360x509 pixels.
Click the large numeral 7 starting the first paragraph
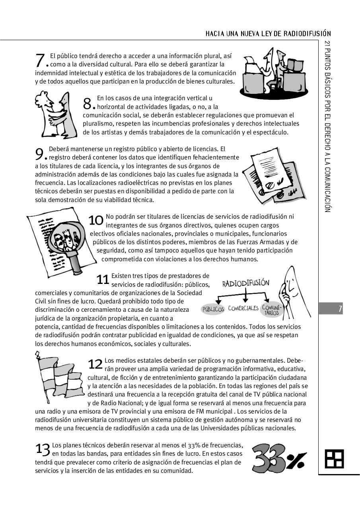pyautogui.click(x=40, y=60)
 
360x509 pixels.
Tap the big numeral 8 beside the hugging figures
pyautogui.click(x=88, y=103)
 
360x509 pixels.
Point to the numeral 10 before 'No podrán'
pyautogui.click(x=96, y=220)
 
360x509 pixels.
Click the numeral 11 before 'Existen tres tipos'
pyautogui.click(x=103, y=280)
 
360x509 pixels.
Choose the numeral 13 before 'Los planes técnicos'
pyautogui.click(x=43, y=449)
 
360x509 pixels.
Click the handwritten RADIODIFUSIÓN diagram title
pyautogui.click(x=245, y=283)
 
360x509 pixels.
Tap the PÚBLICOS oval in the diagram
pyautogui.click(x=213, y=309)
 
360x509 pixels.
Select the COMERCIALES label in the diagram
pyautogui.click(x=243, y=308)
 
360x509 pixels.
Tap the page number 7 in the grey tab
pyautogui.click(x=340, y=309)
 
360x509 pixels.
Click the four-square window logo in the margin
pyautogui.click(x=334, y=459)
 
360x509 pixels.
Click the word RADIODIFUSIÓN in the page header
pyautogui.click(x=307, y=33)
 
